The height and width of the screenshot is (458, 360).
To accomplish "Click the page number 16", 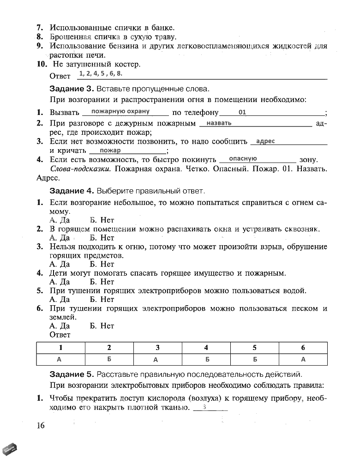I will click(41, 425).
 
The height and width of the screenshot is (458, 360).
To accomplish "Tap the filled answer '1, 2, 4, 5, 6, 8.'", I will click(101, 73).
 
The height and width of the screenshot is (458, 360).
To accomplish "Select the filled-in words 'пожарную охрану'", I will click(120, 111).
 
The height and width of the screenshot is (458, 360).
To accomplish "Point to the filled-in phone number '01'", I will click(243, 112).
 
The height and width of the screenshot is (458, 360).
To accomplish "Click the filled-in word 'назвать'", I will click(219, 123).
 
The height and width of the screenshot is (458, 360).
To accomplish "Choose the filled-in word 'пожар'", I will click(110, 150).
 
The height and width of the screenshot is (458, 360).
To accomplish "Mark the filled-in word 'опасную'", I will click(243, 158).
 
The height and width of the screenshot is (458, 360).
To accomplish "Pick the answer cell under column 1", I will click(60, 359).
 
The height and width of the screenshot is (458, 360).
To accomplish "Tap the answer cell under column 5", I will click(254, 359).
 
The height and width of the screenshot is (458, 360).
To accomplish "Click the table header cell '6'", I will click(303, 348).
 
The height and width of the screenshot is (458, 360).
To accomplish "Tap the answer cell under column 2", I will click(109, 359).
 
